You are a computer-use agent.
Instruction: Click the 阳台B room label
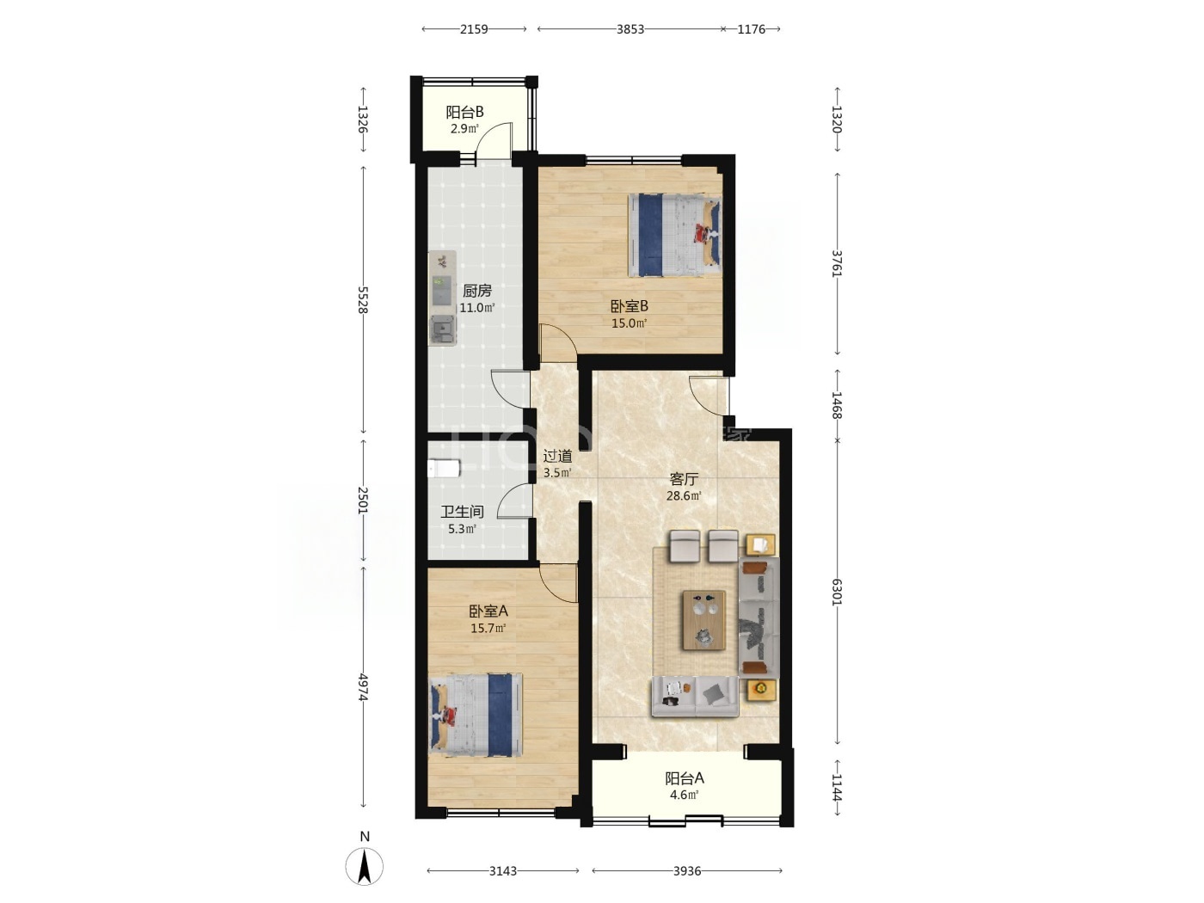(464, 113)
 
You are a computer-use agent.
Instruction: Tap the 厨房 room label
(476, 291)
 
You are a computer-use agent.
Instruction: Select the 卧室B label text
(630, 306)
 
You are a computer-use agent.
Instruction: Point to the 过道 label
(557, 456)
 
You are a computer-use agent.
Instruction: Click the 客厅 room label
(684, 479)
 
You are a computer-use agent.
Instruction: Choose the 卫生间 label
(462, 512)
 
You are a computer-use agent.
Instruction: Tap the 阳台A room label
(684, 778)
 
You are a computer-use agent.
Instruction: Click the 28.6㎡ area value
(684, 496)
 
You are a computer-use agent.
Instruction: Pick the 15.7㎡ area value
(488, 629)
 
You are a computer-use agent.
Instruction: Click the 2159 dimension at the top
(473, 29)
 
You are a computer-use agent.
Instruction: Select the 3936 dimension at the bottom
(687, 870)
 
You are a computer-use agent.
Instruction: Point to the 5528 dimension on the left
(362, 300)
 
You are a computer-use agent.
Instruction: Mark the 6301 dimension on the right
(837, 593)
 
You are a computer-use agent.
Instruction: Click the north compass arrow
(365, 867)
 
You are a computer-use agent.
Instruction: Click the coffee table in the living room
(703, 620)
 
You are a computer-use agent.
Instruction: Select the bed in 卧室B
(674, 235)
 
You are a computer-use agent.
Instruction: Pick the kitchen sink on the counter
(443, 330)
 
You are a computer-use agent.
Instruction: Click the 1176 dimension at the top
(751, 29)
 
